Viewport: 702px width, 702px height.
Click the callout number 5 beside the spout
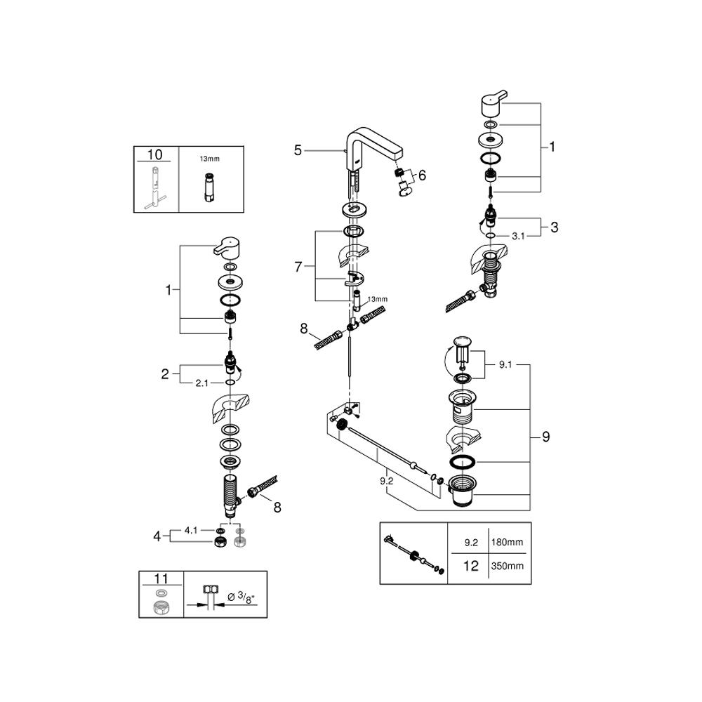(x=298, y=150)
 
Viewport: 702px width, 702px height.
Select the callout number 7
(x=298, y=266)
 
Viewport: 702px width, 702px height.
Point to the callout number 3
(x=554, y=227)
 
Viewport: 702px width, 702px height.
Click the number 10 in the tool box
(x=155, y=154)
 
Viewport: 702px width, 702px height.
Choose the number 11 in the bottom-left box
(x=161, y=579)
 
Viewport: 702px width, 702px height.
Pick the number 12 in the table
(x=471, y=565)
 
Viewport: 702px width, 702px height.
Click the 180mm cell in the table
(x=508, y=543)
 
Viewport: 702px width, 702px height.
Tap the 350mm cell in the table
(x=508, y=566)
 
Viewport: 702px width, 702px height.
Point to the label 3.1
(x=517, y=237)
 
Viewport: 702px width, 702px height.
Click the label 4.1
(x=191, y=531)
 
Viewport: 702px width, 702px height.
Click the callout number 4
(x=157, y=537)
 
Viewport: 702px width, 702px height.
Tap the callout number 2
(x=165, y=374)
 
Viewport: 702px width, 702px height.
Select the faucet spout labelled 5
(x=376, y=144)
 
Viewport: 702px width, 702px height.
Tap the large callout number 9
(x=545, y=437)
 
